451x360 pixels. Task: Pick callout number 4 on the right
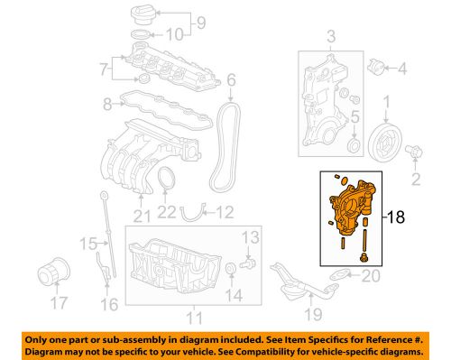point(401,67)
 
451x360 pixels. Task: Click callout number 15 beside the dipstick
point(87,244)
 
